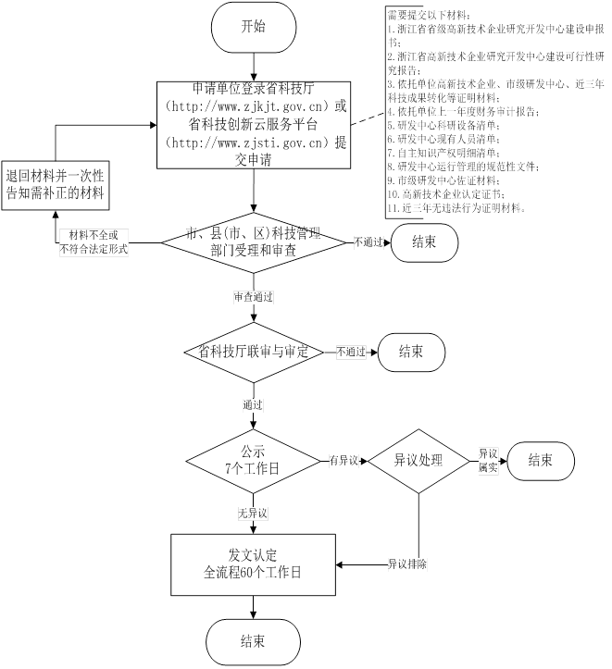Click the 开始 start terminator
(253, 28)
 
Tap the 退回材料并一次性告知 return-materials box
(54, 185)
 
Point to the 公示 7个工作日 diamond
(253, 461)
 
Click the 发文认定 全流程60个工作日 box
(253, 564)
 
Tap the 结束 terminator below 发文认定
(253, 641)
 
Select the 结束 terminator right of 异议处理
(541, 460)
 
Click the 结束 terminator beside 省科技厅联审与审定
(412, 352)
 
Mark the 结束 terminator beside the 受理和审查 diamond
(425, 242)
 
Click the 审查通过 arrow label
(253, 298)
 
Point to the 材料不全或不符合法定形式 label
(94, 242)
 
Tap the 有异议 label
(343, 460)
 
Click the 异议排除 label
(406, 564)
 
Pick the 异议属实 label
(489, 460)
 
